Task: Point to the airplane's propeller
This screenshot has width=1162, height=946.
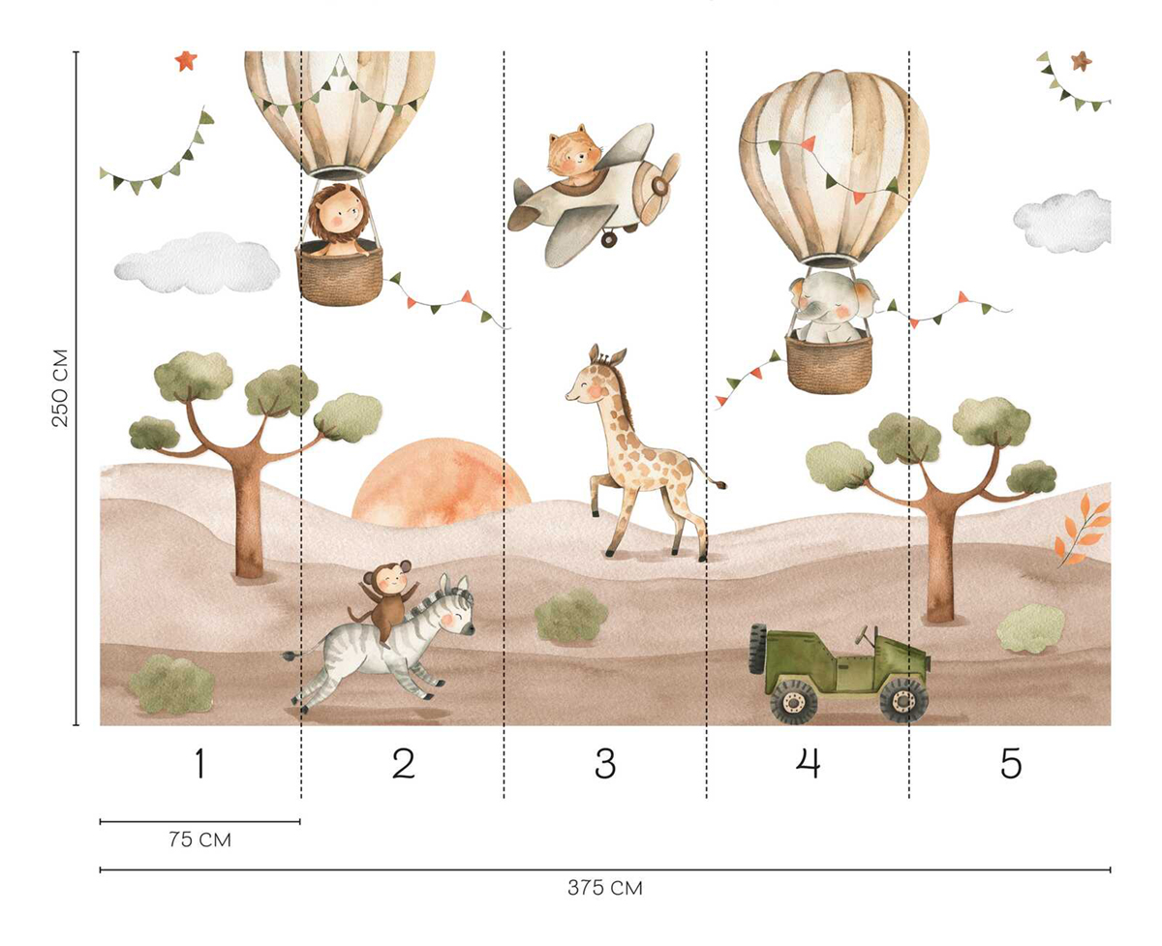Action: [661, 186]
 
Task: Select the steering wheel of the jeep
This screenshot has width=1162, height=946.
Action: [862, 638]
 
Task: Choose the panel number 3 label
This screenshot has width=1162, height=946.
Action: [605, 765]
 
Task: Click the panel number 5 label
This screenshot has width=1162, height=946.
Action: [1010, 765]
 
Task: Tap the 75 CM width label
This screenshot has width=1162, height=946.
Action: [199, 839]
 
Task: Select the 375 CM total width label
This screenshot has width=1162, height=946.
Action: [605, 888]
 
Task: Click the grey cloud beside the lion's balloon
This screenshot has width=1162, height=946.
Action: [194, 262]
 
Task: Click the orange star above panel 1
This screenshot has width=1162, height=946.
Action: [185, 61]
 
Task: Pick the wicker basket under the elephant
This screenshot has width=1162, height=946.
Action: [828, 362]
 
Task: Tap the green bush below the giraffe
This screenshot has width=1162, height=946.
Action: [571, 616]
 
